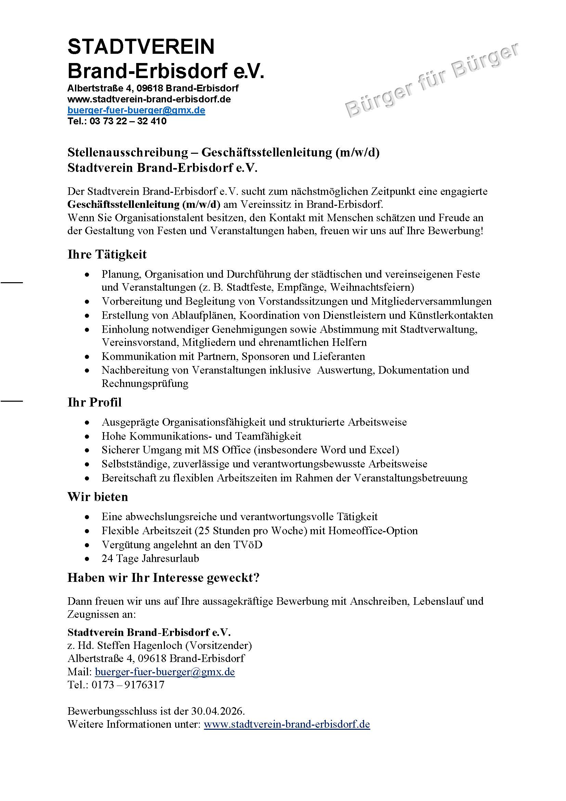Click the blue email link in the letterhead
(x=136, y=110)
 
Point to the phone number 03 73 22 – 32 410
(x=128, y=121)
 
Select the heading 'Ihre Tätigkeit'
(x=107, y=254)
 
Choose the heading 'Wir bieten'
(x=98, y=497)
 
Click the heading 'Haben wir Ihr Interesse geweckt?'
(x=163, y=577)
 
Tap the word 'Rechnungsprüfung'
(x=145, y=384)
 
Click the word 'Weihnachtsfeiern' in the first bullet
(x=372, y=287)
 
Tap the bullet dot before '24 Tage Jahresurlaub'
(x=87, y=559)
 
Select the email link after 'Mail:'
(x=165, y=672)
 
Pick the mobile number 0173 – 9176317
(x=128, y=685)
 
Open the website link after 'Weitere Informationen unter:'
(x=286, y=724)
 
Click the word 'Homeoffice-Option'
(x=373, y=530)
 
